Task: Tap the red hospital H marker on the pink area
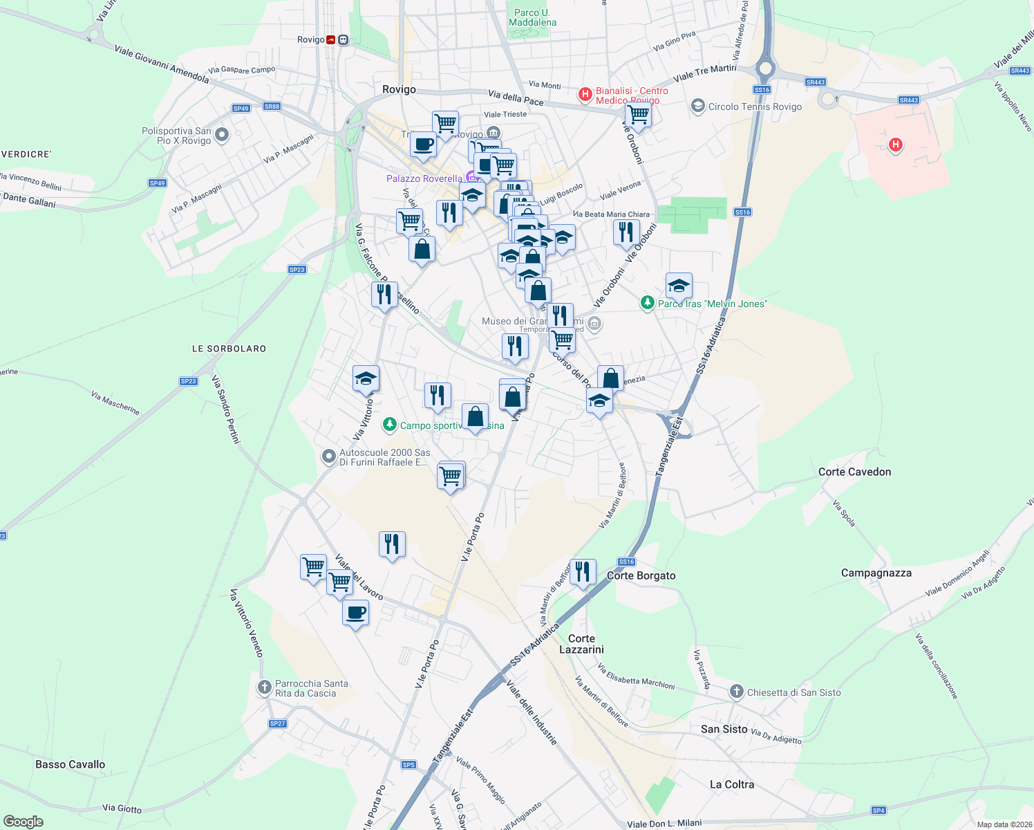click(896, 145)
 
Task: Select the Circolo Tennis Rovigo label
click(755, 107)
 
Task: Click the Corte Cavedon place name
click(854, 472)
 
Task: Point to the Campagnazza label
click(876, 573)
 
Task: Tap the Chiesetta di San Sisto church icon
click(737, 692)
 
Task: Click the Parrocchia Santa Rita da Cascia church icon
click(264, 687)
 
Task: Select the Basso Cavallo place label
click(70, 764)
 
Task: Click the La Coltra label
click(732, 784)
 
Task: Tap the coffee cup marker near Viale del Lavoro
click(355, 613)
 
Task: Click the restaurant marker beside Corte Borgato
click(583, 572)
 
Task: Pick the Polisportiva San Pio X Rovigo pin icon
click(222, 135)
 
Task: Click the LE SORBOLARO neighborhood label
click(229, 349)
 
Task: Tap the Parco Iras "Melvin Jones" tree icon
click(648, 303)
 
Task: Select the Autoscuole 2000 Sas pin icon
click(329, 456)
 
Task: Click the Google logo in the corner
click(23, 822)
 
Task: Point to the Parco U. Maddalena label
click(532, 17)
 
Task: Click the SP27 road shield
click(277, 723)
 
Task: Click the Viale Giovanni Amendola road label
click(162, 64)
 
